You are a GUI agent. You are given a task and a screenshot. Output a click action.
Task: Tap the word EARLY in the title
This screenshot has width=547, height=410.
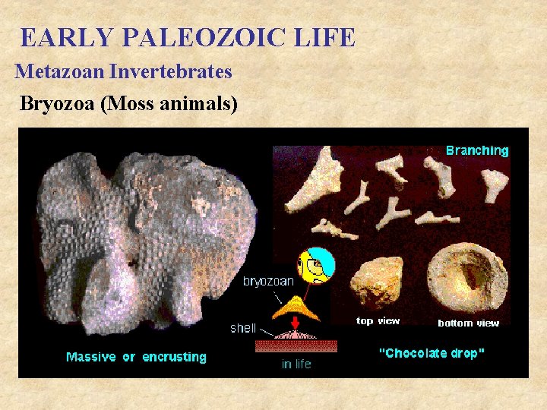[58, 37]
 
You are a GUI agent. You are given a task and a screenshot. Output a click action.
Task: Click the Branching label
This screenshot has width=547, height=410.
[477, 150]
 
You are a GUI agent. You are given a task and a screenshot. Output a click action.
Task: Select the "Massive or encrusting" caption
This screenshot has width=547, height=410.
[136, 357]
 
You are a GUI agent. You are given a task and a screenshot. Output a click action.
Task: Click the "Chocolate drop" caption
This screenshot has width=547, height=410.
[432, 354]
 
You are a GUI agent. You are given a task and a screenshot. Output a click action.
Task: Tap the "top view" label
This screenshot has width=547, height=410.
[378, 321]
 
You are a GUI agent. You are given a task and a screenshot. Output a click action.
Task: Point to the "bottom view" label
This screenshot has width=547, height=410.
[469, 323]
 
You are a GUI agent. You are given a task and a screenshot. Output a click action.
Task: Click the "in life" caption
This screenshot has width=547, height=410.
[296, 364]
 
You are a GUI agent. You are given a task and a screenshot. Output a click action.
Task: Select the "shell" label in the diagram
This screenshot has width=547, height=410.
[244, 329]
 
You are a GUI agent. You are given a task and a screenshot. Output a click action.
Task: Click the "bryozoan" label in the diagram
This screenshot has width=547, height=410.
[268, 281]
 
